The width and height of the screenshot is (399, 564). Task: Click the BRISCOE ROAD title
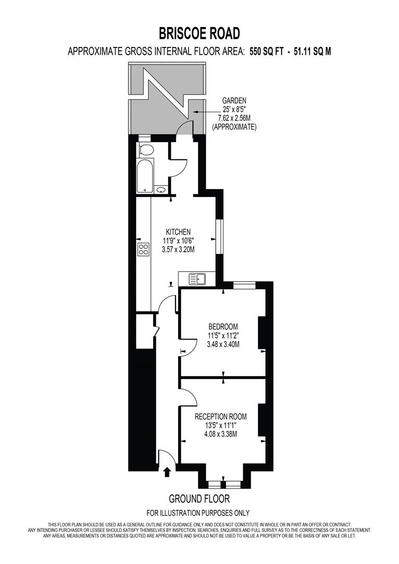pos(199,33)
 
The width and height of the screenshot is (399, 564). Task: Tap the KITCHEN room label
pos(178,232)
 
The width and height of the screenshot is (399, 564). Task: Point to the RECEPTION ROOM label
pos(220,416)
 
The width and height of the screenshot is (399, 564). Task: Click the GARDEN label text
pos(234,100)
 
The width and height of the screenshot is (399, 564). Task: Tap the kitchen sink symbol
pos(198,279)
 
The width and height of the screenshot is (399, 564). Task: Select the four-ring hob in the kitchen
pos(143,250)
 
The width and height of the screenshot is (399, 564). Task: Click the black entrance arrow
pos(167,472)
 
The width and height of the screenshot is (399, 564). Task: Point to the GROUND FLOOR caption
pos(199,499)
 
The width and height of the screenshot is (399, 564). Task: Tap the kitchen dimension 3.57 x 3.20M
pos(178,250)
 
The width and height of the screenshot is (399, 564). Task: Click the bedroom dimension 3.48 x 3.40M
pos(223,344)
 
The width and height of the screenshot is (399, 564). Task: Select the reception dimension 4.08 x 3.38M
pos(220,434)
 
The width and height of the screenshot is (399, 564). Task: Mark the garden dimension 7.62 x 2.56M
pos(234,118)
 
